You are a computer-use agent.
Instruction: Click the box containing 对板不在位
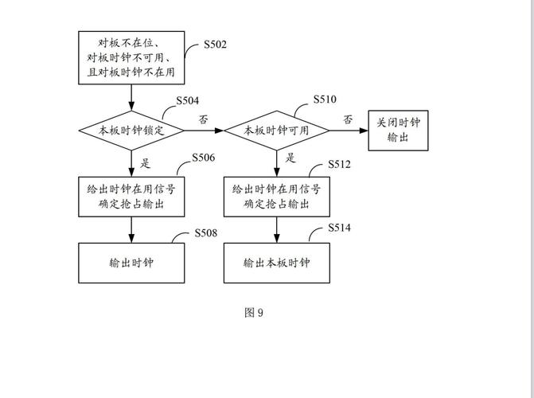pyautogui.click(x=131, y=58)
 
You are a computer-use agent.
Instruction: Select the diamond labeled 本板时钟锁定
pyautogui.click(x=131, y=131)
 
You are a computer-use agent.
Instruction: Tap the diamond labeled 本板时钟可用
pyautogui.click(x=276, y=131)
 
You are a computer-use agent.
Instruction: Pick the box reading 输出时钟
pyautogui.click(x=131, y=263)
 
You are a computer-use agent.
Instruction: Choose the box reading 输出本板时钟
pyautogui.click(x=276, y=263)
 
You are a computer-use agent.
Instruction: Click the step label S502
pyautogui.click(x=215, y=45)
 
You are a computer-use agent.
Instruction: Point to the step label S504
pyautogui.click(x=187, y=101)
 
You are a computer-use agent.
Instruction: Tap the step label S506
pyautogui.click(x=204, y=158)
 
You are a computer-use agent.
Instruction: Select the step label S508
pyautogui.click(x=205, y=233)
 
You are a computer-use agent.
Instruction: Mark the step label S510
pyautogui.click(x=325, y=99)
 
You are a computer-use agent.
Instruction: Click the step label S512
pyautogui.click(x=340, y=165)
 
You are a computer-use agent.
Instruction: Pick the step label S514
pyautogui.click(x=340, y=228)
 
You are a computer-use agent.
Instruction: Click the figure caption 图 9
pyautogui.click(x=253, y=312)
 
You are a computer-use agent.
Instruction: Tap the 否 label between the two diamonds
pyautogui.click(x=204, y=119)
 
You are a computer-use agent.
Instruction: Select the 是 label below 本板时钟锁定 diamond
pyautogui.click(x=146, y=163)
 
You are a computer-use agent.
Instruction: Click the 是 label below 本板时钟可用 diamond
pyautogui.click(x=290, y=158)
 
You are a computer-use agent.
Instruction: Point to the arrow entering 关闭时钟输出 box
pyautogui.click(x=358, y=131)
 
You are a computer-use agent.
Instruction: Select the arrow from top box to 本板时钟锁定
pyautogui.click(x=131, y=98)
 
